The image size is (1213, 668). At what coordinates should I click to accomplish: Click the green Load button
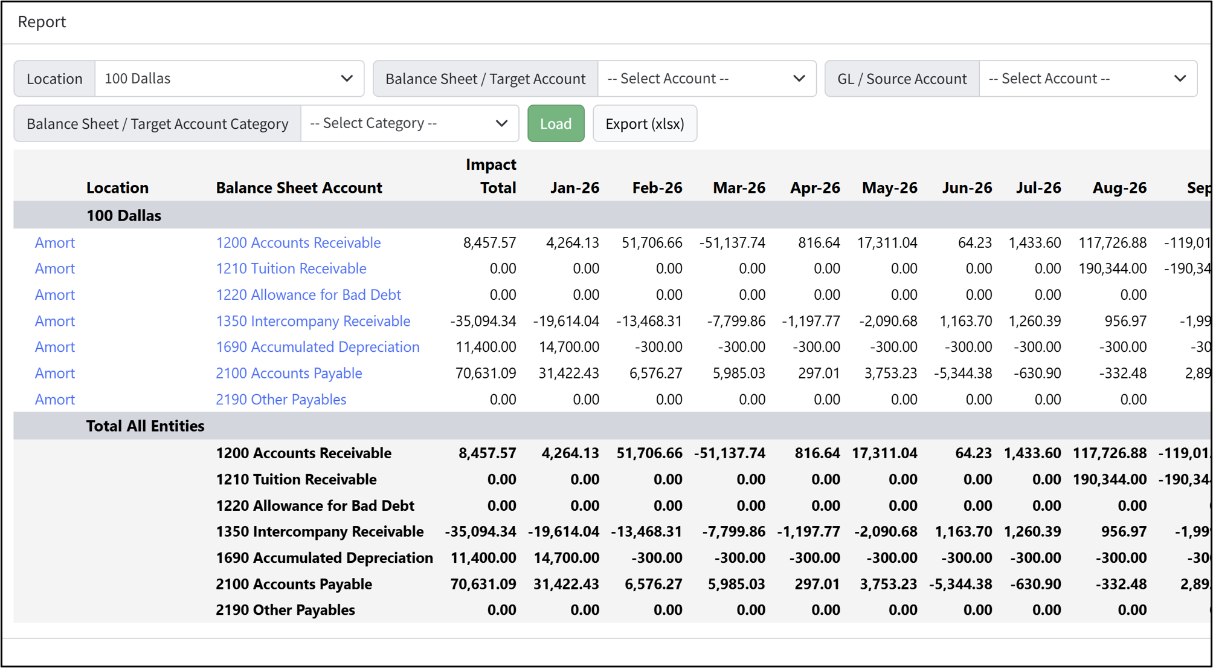[x=555, y=123]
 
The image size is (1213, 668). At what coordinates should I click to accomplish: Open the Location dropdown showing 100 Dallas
[x=229, y=79]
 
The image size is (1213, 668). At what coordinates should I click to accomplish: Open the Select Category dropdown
[x=409, y=123]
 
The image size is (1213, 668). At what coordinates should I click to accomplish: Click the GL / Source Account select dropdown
[x=1087, y=79]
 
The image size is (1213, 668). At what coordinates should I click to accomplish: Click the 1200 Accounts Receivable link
[x=298, y=242]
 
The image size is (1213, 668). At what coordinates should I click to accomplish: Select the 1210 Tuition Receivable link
[x=291, y=268]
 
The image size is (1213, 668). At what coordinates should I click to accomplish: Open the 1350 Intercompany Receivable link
[x=313, y=321]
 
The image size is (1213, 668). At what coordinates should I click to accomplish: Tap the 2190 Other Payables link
[x=281, y=400]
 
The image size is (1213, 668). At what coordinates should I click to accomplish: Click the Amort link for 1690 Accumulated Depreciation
[x=55, y=347]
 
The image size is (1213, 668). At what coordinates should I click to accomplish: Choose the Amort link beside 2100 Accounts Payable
[x=55, y=373]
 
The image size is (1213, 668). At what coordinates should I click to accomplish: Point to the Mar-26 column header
[x=739, y=188]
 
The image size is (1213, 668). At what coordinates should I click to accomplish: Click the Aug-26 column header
[x=1119, y=188]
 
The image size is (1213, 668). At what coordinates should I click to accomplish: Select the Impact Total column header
[x=491, y=176]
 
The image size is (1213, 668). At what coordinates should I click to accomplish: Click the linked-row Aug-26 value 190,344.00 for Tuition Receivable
[x=1112, y=268]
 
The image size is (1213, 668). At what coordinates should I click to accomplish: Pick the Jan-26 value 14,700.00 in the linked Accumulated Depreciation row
[x=568, y=347]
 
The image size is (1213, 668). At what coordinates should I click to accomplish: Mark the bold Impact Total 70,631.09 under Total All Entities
[x=483, y=584]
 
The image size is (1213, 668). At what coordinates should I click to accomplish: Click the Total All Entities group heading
[x=145, y=426]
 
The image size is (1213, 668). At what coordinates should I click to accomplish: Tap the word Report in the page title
[x=42, y=22]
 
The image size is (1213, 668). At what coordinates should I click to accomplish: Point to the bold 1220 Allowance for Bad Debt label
[x=315, y=505]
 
